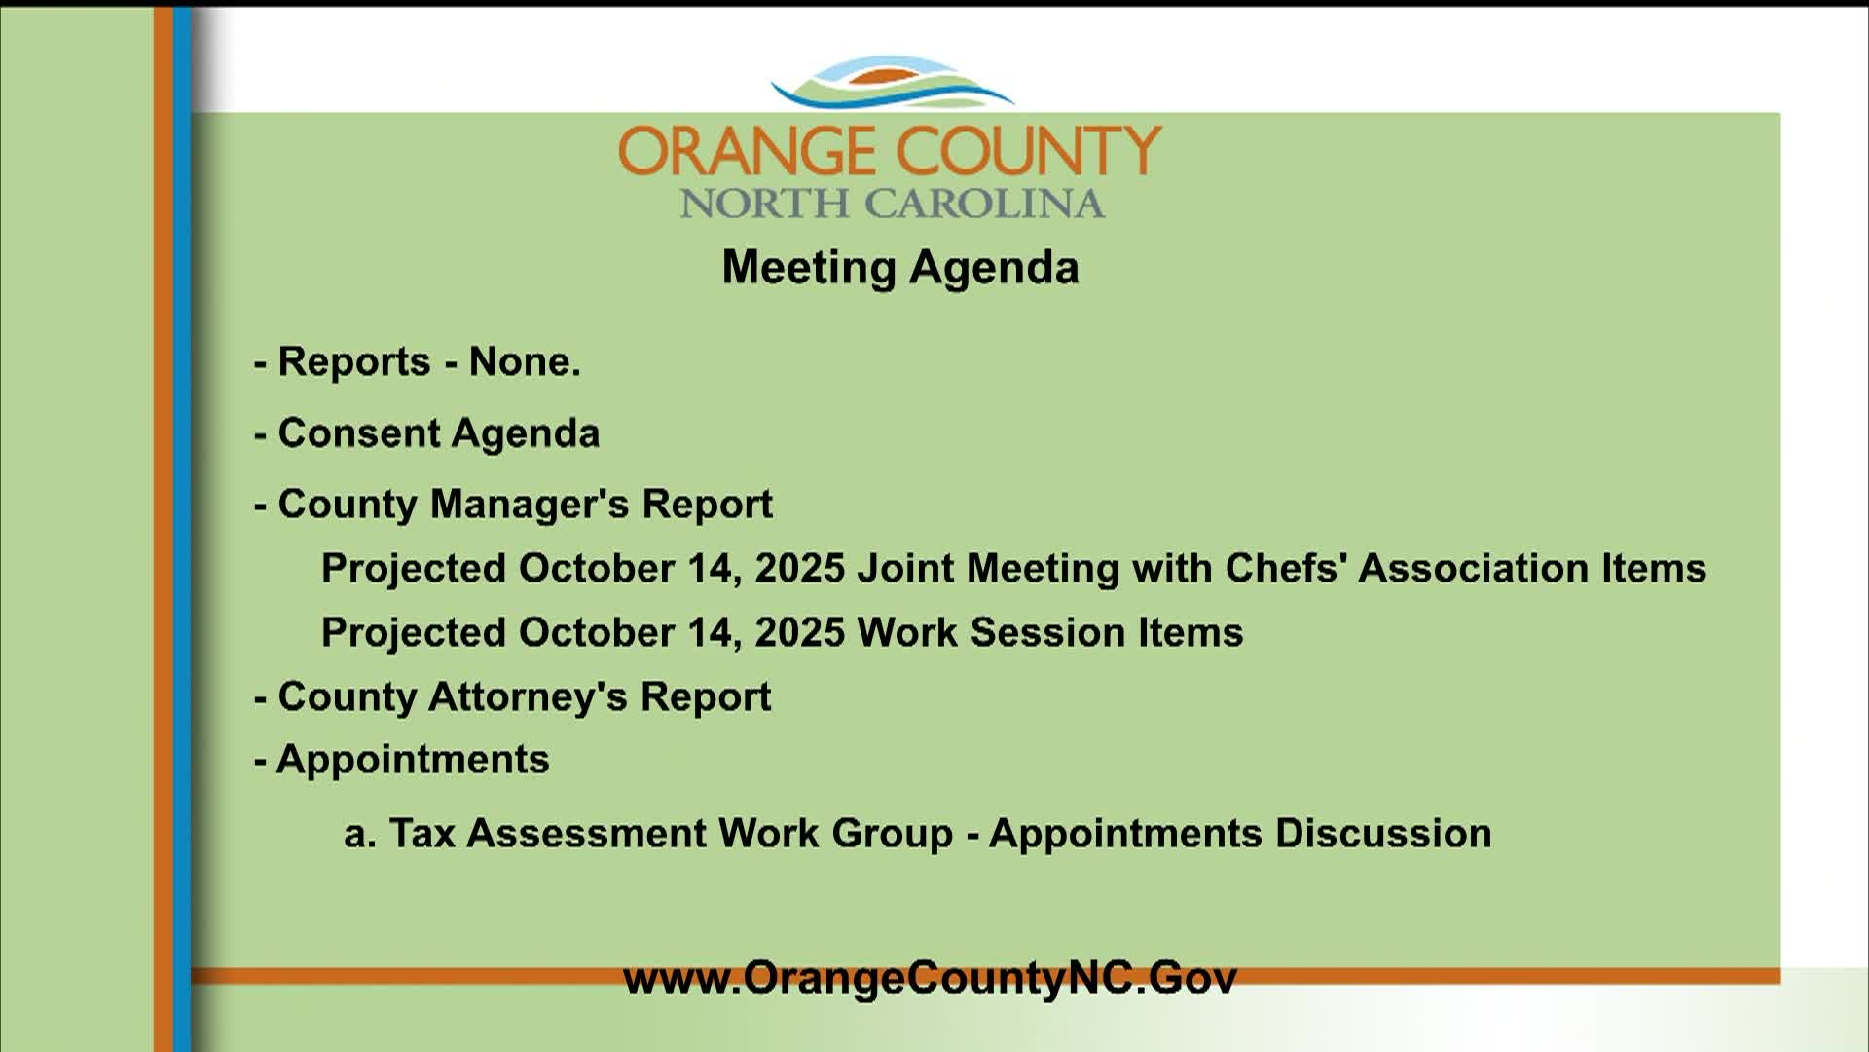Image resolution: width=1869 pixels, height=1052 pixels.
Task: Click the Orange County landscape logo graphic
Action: [x=892, y=83]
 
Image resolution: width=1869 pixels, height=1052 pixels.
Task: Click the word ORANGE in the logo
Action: [x=746, y=151]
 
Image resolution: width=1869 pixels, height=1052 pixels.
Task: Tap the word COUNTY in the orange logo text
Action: [x=1029, y=151]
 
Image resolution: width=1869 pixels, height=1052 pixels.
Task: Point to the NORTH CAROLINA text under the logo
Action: [x=892, y=204]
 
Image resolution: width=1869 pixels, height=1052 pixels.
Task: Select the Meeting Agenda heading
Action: [x=900, y=268]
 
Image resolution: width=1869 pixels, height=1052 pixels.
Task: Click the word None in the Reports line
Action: [x=525, y=361]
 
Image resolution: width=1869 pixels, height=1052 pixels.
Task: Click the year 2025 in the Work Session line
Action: [x=800, y=632]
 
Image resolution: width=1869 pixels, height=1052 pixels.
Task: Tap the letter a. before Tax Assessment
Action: [x=360, y=834]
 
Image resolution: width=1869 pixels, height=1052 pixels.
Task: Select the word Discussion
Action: [x=1383, y=834]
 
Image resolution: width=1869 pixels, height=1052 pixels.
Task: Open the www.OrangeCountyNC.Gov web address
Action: [x=930, y=978]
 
